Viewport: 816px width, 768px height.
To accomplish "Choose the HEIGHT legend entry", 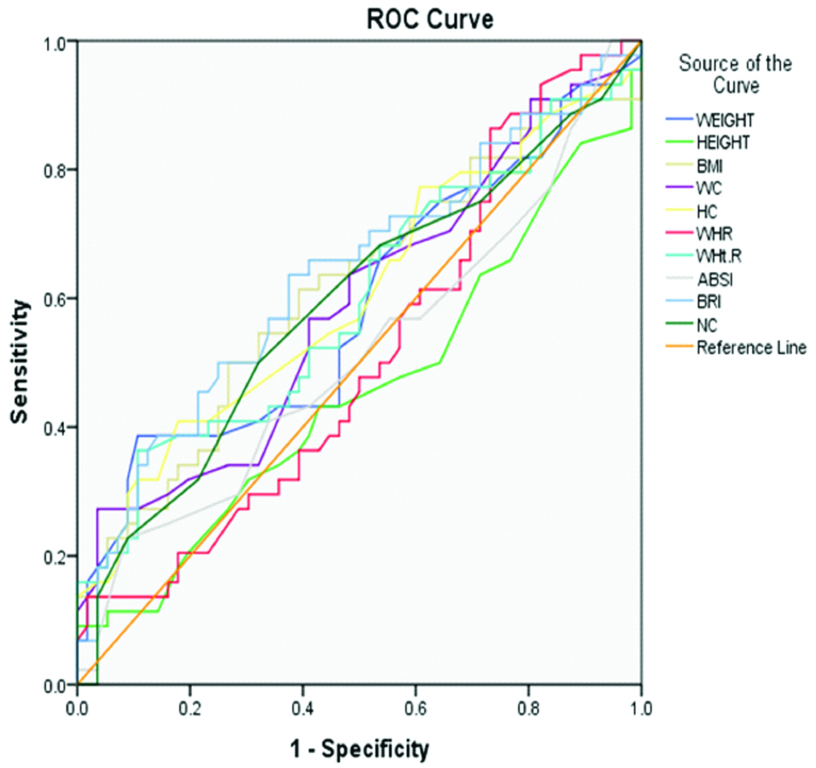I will click(x=725, y=142).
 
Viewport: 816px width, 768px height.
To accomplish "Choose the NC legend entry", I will click(x=708, y=347).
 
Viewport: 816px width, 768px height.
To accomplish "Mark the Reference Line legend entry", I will click(x=750, y=348).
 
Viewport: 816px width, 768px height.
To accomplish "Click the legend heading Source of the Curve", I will click(x=734, y=74).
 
